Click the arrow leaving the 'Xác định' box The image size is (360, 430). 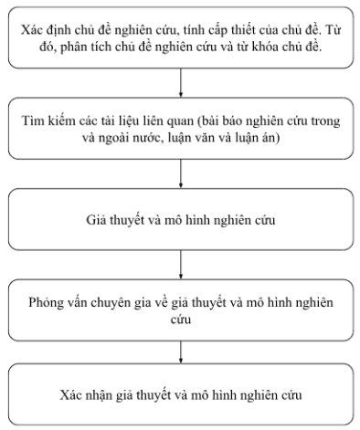pyautogui.click(x=182, y=83)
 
